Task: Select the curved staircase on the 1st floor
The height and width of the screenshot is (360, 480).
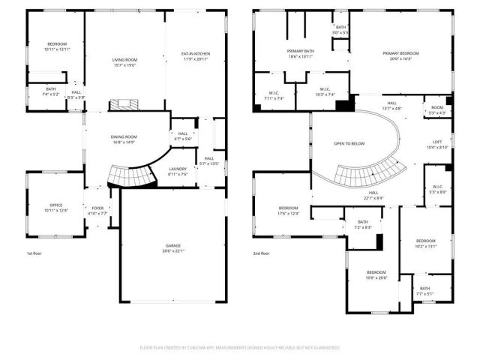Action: click(x=127, y=177)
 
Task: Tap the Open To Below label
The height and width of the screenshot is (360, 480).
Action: click(x=349, y=143)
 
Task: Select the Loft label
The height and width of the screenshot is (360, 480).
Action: click(x=437, y=144)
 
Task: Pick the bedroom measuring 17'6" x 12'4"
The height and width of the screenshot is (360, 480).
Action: click(x=289, y=211)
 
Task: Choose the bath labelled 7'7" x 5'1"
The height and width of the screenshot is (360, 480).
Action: click(x=425, y=291)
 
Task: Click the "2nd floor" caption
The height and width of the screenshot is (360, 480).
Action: click(x=262, y=253)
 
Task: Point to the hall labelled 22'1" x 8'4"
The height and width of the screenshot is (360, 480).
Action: click(x=373, y=195)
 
